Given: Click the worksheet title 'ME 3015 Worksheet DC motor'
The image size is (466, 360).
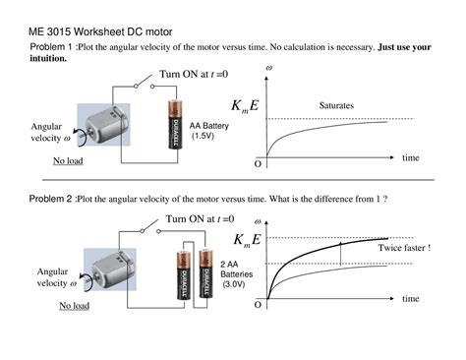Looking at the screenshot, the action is (100, 31).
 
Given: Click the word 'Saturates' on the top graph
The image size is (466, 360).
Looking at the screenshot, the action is (336, 105).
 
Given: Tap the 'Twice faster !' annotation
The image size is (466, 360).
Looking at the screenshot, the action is (404, 248).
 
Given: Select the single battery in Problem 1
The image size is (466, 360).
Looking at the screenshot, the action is (176, 124).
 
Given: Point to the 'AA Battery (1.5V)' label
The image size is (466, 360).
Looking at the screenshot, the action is (208, 131).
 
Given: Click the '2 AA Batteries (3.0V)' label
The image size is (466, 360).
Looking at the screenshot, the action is (236, 274).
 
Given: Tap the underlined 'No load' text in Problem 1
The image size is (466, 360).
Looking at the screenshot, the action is (68, 160).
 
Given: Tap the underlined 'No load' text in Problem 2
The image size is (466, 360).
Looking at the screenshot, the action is (74, 306).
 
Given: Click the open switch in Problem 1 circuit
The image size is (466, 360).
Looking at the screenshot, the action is (145, 82).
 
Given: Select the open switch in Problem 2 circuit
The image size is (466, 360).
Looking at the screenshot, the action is (150, 226).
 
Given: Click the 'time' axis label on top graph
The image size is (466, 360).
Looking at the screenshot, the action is (411, 157).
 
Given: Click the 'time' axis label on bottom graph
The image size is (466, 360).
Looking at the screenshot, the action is (411, 299).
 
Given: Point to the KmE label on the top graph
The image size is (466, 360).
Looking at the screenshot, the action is (245, 106).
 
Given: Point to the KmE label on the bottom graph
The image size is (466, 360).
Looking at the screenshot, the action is (247, 240).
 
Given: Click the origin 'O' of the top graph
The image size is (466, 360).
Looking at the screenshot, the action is (258, 164).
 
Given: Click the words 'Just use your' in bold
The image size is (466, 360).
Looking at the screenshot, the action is (404, 47).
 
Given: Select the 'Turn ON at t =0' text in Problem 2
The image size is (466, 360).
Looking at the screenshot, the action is (200, 218).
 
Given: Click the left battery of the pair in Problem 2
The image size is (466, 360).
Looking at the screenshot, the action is (184, 274).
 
